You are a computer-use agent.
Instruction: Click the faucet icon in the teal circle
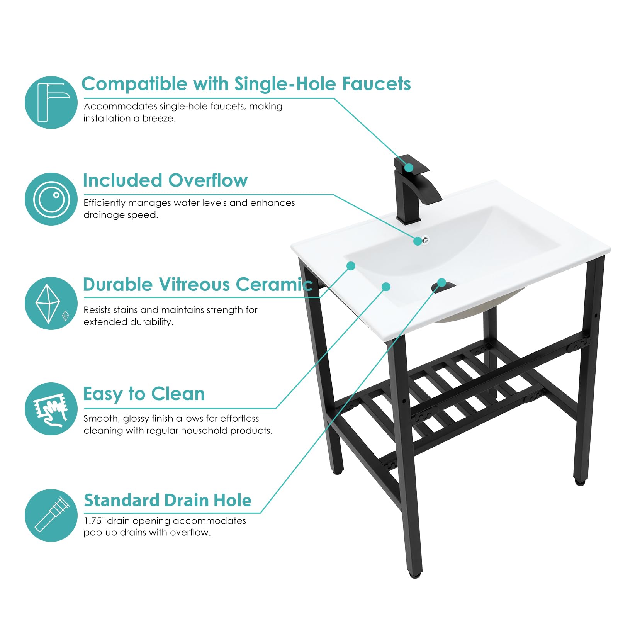pyautogui.click(x=51, y=102)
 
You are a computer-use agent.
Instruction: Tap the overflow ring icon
pyautogui.click(x=51, y=199)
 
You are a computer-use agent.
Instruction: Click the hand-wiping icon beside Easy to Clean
pyautogui.click(x=51, y=409)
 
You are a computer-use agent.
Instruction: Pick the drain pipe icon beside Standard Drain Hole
pyautogui.click(x=51, y=515)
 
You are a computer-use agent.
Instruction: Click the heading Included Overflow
pyautogui.click(x=165, y=180)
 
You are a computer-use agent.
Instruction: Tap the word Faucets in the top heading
pyautogui.click(x=376, y=84)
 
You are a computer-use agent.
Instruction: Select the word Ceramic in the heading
pyautogui.click(x=274, y=284)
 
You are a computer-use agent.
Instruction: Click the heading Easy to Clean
pyautogui.click(x=144, y=394)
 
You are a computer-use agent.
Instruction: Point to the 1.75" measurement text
pyautogui.click(x=94, y=521)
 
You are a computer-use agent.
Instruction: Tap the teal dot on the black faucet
pyautogui.click(x=409, y=168)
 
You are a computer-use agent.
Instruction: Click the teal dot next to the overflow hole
pyautogui.click(x=418, y=241)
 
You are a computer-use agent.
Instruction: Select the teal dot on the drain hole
pyautogui.click(x=442, y=282)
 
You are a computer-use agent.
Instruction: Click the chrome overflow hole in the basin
pyautogui.click(x=425, y=240)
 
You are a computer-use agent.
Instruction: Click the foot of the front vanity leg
pyautogui.click(x=415, y=575)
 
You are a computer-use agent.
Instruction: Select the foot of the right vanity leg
pyautogui.click(x=579, y=482)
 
